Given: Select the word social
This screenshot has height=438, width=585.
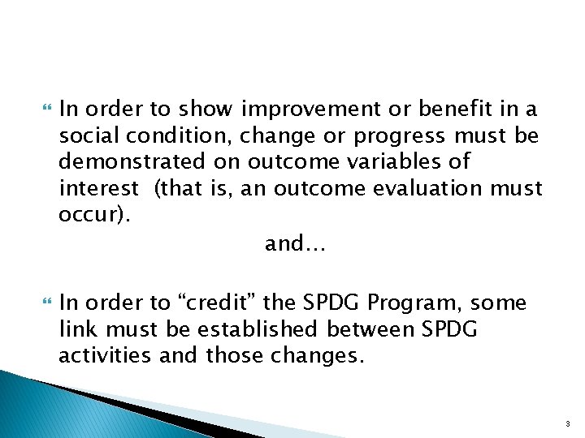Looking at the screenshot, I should (87, 135).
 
